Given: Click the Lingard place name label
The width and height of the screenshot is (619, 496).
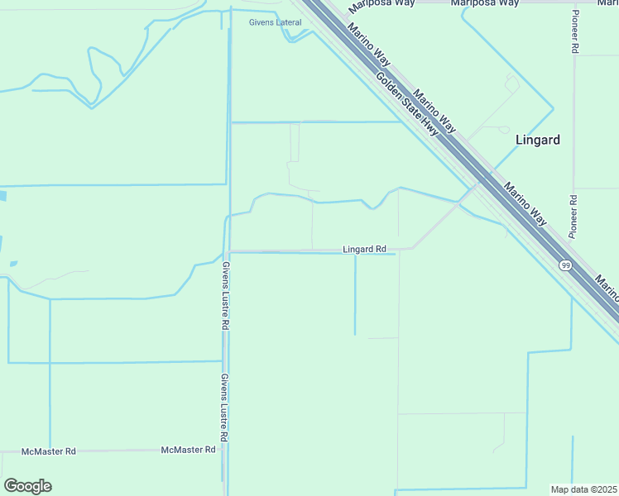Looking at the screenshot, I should [x=537, y=140].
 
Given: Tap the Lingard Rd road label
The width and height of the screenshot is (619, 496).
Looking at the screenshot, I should [x=364, y=249].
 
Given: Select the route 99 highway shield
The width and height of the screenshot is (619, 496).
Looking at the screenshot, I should [x=565, y=265].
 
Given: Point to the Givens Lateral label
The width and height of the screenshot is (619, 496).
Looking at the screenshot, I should [x=276, y=22].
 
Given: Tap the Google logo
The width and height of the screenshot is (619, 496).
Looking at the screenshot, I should [x=27, y=486].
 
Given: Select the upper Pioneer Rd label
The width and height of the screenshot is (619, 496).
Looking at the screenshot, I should [x=573, y=33].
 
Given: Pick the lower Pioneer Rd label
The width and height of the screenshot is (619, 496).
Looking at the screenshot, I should [x=573, y=217].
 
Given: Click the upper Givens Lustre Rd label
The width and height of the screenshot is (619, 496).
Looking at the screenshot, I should [x=224, y=296].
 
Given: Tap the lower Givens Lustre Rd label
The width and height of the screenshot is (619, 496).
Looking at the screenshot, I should [x=224, y=406].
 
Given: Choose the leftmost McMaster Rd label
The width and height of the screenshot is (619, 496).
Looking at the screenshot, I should [x=49, y=451].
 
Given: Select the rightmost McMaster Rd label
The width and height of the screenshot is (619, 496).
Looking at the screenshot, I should [x=188, y=450].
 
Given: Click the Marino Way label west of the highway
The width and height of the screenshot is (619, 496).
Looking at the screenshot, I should [x=369, y=46].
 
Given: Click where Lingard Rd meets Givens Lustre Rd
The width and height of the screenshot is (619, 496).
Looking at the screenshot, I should [x=228, y=250].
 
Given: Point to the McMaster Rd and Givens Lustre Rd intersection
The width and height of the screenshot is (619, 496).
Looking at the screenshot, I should [x=224, y=451].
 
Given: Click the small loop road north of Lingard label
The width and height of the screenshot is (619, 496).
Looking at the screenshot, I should [x=511, y=82].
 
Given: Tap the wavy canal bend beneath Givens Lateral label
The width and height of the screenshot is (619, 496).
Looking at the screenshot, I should [x=291, y=36].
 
